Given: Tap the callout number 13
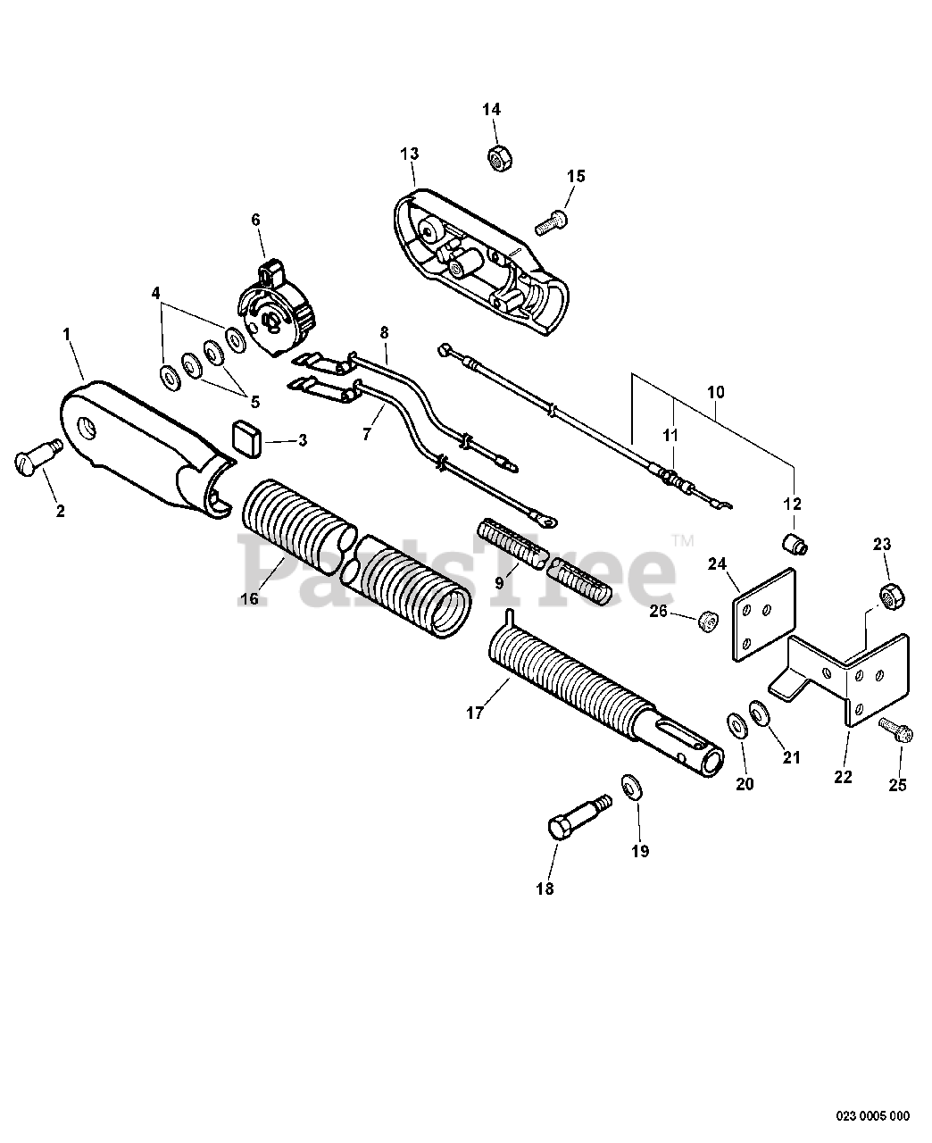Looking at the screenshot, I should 409,154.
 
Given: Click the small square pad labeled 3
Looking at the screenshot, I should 245,438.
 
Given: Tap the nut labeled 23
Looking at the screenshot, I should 888,595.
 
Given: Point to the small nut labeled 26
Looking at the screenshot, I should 707,620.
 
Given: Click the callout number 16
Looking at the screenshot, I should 248,598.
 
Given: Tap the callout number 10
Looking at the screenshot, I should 716,391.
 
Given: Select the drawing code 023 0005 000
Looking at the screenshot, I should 873,1115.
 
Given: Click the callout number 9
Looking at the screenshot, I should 500,581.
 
